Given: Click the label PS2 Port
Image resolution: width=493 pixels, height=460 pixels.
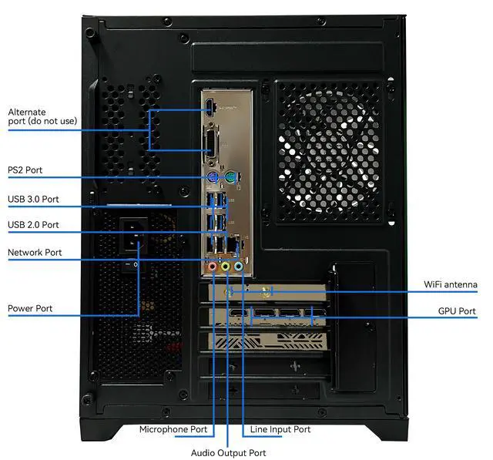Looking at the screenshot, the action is tap(25, 170).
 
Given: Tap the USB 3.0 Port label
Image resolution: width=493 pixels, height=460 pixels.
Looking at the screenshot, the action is tap(33, 199).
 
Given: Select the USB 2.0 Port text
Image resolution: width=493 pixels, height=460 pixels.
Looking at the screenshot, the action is tap(33, 225).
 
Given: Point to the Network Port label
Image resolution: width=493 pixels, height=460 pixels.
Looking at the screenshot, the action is tap(35, 253).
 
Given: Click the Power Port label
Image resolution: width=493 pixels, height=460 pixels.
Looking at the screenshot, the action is tap(30, 308).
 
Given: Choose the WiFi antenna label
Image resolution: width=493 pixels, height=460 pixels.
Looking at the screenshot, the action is tap(450, 284).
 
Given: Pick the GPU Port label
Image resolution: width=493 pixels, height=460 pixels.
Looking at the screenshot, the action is tap(457, 311).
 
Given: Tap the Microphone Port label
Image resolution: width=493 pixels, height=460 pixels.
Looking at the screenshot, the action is tap(173, 429).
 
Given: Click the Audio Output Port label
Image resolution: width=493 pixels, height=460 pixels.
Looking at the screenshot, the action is tap(228, 453).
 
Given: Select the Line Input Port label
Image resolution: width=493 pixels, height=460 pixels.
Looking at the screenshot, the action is tap(280, 429).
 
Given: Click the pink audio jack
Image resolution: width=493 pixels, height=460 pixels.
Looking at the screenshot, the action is tap(213, 267).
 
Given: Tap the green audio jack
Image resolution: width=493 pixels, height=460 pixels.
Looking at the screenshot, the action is tap(225, 267).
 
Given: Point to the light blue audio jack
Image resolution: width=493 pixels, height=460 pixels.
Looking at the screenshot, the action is tap(238, 267).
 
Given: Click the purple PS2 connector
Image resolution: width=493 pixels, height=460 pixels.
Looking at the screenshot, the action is tap(213, 178).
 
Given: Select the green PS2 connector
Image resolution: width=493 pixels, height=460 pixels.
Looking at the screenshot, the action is tap(230, 178).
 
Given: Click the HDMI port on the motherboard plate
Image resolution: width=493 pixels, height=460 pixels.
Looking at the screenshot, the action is tap(210, 106).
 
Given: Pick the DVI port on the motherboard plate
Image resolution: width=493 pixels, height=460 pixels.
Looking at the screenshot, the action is tap(210, 141).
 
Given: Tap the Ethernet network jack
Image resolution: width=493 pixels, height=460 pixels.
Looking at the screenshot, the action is tap(233, 244).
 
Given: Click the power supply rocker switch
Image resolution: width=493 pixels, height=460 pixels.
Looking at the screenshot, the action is tap(131, 264).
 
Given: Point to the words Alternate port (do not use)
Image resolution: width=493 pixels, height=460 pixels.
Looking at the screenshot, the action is tap(42, 116).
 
